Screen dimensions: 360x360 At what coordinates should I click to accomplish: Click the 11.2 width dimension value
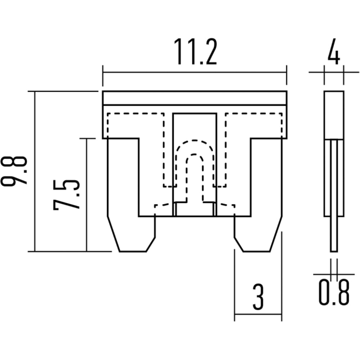pos(195,51)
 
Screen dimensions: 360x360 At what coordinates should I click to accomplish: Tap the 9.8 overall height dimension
pos(14,171)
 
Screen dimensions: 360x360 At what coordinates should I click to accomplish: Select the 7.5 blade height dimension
pos(66,195)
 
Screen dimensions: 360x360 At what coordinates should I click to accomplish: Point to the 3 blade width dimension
pos(258,297)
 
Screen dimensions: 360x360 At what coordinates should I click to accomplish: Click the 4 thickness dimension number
pos(334,51)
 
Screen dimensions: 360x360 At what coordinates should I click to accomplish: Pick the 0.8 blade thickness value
pos(334,292)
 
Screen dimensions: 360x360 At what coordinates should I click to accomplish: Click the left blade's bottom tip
pos(133,252)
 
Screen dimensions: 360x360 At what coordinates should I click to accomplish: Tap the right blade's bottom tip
pos(257,252)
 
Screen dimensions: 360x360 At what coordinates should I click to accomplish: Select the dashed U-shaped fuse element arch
pos(195,140)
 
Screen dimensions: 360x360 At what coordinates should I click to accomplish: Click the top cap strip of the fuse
pos(195,98)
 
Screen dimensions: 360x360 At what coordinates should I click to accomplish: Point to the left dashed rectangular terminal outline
pos(135,113)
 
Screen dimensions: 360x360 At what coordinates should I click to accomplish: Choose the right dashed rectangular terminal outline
pos(254,113)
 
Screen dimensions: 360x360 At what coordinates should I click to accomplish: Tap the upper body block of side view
pos(334,115)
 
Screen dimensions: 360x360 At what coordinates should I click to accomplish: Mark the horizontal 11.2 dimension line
pos(195,72)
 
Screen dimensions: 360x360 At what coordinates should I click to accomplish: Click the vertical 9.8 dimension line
pos(35,171)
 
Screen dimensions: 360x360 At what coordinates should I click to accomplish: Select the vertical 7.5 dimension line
pos(86,195)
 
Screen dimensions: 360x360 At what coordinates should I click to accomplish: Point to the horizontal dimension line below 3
pos(258,314)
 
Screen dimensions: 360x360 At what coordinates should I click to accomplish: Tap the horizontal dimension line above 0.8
pos(334,274)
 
